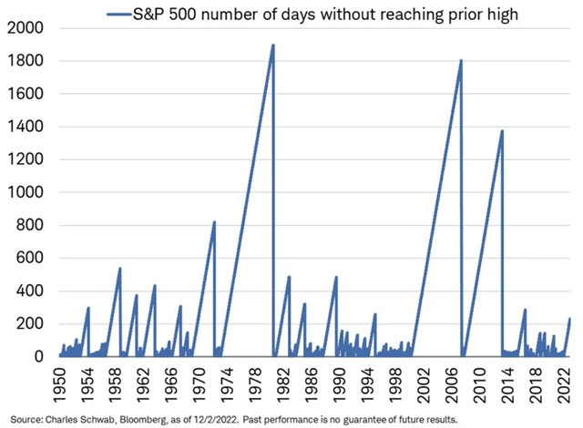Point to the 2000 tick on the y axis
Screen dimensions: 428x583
point(25,28)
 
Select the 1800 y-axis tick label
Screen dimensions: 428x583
point(25,61)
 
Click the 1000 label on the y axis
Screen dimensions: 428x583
point(25,193)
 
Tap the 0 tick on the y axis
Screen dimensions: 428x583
point(39,357)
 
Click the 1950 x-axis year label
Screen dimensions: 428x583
point(57,382)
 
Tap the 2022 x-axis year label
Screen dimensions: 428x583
point(554,382)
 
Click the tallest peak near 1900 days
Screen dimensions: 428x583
point(273,45)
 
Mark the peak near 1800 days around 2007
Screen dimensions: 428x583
point(461,61)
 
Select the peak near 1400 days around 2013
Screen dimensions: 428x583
point(502,131)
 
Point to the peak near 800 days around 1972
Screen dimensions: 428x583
point(214,222)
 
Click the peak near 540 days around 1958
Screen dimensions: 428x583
point(120,269)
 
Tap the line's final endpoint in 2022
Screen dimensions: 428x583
point(569,319)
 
